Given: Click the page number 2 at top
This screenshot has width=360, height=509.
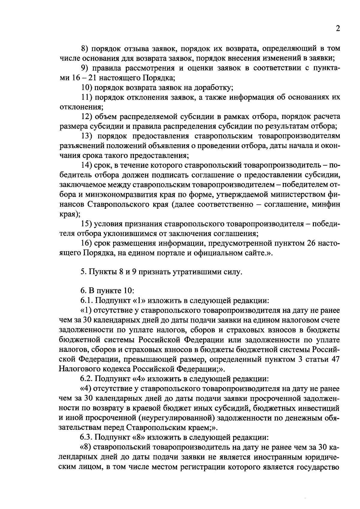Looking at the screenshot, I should [x=337, y=29].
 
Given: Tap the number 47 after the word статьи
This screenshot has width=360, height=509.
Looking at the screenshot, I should [x=334, y=359].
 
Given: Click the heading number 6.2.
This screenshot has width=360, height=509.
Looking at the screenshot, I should [x=87, y=379].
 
